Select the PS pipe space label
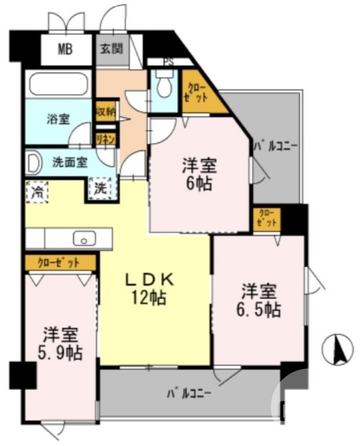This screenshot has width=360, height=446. (168, 62)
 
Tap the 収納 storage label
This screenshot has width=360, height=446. (106, 111)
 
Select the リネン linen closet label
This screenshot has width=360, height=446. (105, 139)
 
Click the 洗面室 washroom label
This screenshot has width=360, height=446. (70, 163)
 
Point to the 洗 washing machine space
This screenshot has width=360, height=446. (101, 188)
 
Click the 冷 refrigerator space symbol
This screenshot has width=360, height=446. (37, 192)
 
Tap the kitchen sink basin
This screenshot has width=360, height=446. (84, 239)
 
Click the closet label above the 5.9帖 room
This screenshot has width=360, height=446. (59, 261)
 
